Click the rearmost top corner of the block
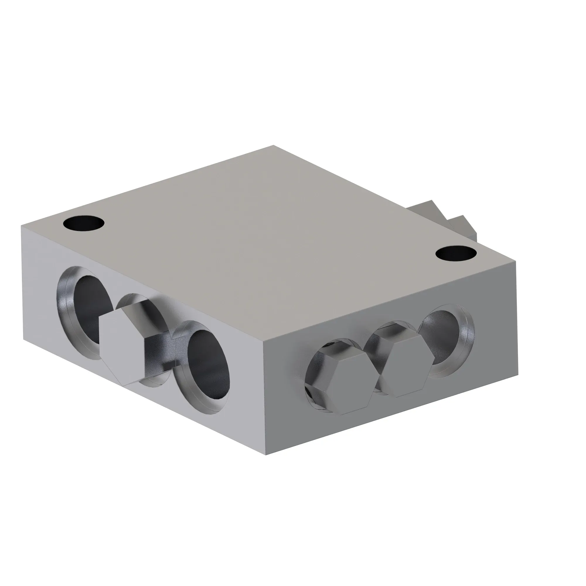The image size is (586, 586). point(273,146)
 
